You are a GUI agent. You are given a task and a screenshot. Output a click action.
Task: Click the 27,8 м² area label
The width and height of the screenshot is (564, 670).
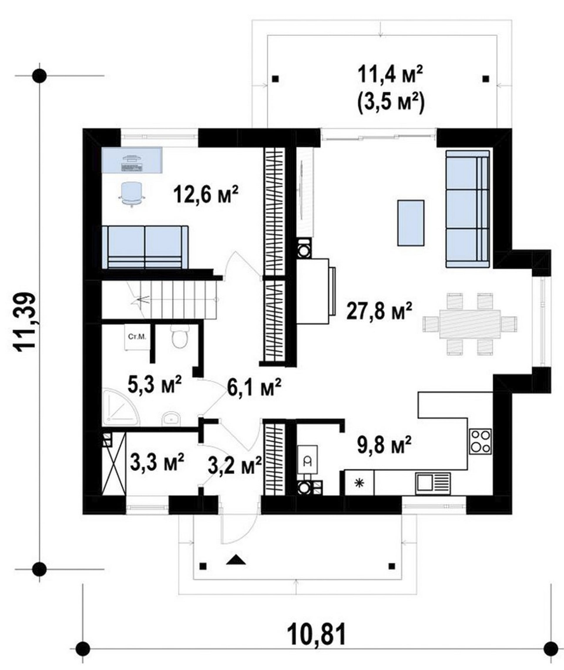point(379,310)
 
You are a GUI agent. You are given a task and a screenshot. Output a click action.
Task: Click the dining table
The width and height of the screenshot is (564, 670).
point(470,324)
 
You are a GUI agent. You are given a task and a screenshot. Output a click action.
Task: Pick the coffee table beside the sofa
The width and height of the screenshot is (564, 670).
point(411,223)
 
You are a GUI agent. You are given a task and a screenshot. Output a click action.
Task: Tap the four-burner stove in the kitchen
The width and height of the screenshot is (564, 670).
point(480,442)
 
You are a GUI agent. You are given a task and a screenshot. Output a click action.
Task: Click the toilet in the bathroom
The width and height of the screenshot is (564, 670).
point(180,336)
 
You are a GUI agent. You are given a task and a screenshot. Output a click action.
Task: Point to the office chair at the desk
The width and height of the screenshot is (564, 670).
point(132,194)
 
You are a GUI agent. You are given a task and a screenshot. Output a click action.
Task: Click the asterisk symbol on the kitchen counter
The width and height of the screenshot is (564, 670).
point(360,483)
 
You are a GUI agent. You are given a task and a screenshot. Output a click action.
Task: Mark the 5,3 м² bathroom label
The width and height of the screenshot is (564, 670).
point(155,384)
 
